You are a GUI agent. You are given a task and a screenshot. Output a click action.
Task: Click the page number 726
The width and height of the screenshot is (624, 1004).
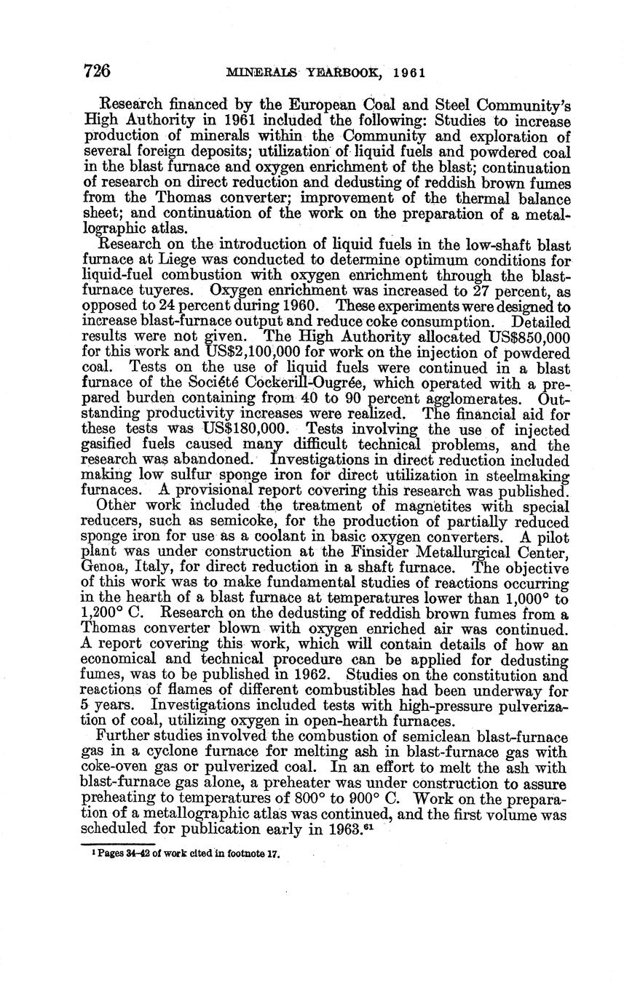tap(97, 71)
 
